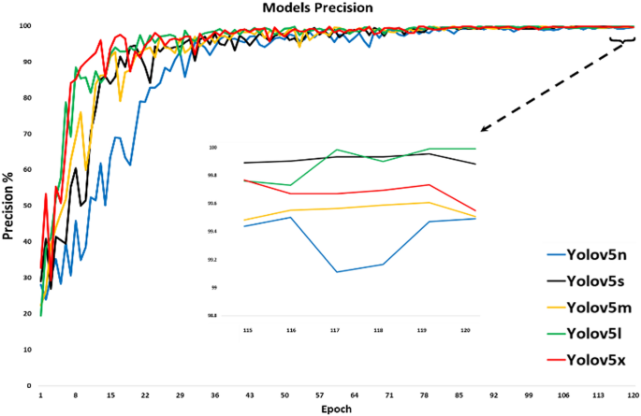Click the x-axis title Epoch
(336, 408)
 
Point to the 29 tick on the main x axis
(180, 394)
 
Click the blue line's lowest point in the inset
(336, 272)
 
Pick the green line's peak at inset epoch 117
(336, 150)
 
